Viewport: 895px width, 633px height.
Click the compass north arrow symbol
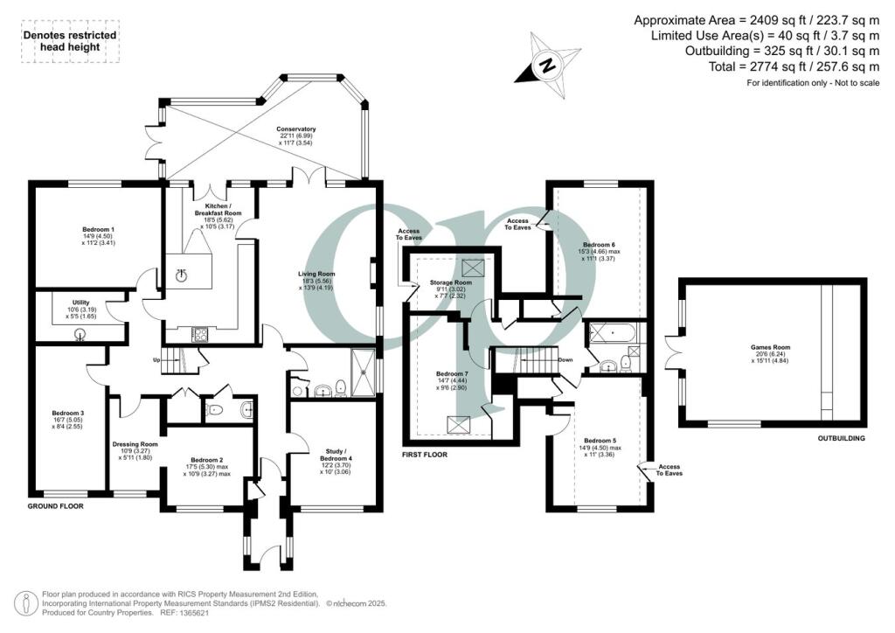click(x=547, y=64)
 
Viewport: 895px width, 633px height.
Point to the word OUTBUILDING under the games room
click(x=841, y=438)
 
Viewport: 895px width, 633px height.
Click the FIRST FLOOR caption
click(x=424, y=456)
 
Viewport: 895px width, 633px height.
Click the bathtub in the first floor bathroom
click(x=613, y=332)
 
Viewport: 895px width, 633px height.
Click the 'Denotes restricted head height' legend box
click(x=69, y=42)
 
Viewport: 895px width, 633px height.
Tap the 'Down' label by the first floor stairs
click(x=565, y=359)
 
